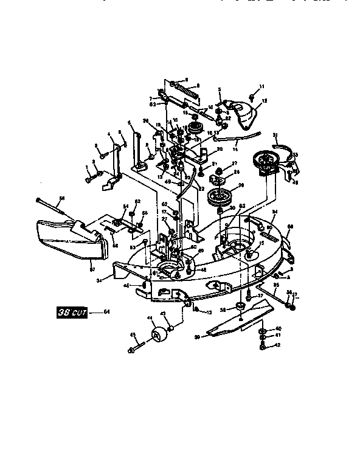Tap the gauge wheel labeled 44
coord(160,337)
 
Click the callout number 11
coord(263,86)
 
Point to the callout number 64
coord(106,312)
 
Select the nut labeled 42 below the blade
coord(261,347)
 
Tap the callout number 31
coord(275,135)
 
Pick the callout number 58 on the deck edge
coord(290,226)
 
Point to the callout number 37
coord(260,296)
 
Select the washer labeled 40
coord(261,330)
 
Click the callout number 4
coord(109,134)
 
